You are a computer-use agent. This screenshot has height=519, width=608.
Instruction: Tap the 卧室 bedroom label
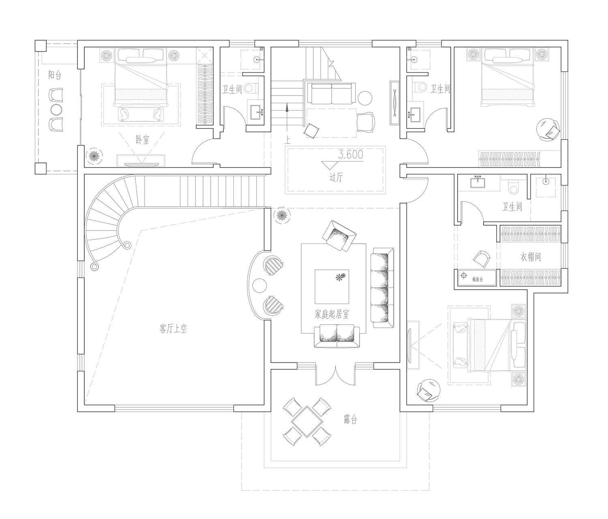tap(142, 139)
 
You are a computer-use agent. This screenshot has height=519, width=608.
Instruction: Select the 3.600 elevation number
tap(351, 154)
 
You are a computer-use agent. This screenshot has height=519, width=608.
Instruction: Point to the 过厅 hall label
tap(336, 177)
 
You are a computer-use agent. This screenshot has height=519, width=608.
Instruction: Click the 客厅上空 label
tap(173, 329)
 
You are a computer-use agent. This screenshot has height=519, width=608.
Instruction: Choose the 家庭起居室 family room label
tap(332, 314)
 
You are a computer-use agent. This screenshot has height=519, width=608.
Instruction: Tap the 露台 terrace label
tap(350, 420)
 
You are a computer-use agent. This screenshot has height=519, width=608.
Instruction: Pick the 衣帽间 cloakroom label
tap(531, 257)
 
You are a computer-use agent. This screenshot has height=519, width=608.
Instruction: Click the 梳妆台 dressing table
tap(477, 278)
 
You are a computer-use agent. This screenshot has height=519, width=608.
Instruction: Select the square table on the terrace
tap(307, 421)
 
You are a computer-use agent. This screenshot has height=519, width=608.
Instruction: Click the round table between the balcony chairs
tap(56, 110)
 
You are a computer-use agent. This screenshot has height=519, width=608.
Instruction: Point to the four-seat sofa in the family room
tap(382, 288)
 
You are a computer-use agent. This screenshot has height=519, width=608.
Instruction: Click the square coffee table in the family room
tap(332, 286)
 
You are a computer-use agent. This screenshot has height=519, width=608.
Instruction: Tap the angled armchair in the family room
tap(339, 236)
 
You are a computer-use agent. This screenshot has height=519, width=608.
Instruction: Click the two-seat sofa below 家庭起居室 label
tap(337, 336)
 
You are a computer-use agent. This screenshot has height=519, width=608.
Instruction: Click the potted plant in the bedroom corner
tap(94, 156)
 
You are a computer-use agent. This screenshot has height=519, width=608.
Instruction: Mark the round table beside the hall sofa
tap(365, 98)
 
